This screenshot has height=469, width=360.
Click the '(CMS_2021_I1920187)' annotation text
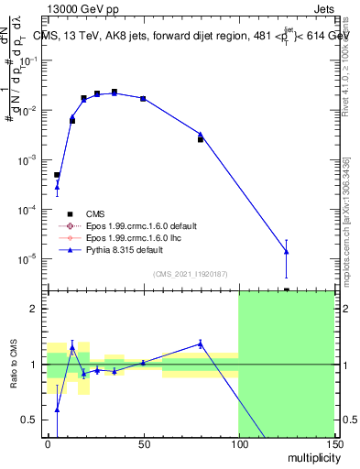190,274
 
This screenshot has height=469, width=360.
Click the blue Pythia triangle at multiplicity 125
286,251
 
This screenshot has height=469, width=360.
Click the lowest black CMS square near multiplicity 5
57,174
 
